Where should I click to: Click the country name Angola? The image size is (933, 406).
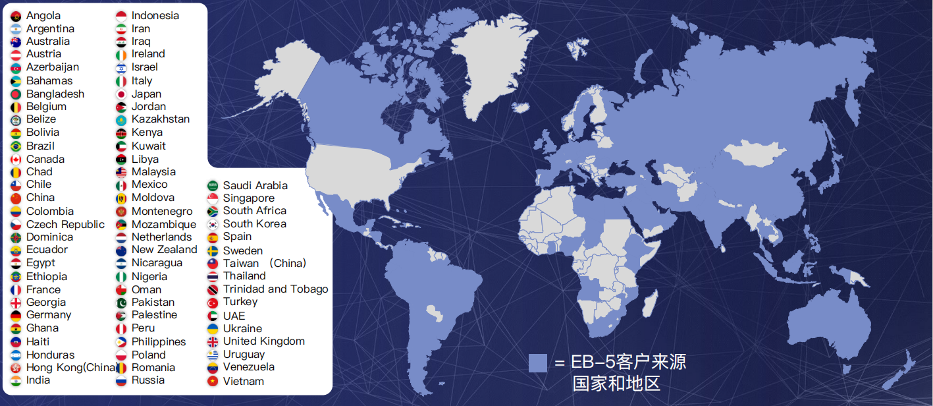pyautogui.click(x=43, y=15)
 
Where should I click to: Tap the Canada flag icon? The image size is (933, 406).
pyautogui.click(x=16, y=159)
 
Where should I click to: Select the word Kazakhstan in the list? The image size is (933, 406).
pyautogui.click(x=160, y=119)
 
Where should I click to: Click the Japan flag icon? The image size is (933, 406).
pyautogui.click(x=121, y=94)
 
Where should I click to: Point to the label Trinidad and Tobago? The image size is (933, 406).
pyautogui.click(x=275, y=289)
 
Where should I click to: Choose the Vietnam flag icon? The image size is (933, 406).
pyautogui.click(x=213, y=381)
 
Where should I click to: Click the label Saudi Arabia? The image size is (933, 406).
pyautogui.click(x=255, y=185)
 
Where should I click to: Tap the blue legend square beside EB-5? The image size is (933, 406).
pyautogui.click(x=538, y=363)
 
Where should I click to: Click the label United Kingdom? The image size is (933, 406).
pyautogui.click(x=263, y=341)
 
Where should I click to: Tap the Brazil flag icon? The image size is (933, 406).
pyautogui.click(x=16, y=146)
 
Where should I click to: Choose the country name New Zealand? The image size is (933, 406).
pyautogui.click(x=164, y=250)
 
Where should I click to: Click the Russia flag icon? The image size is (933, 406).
pyautogui.click(x=121, y=380)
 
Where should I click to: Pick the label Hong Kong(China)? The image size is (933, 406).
pyautogui.click(x=72, y=368)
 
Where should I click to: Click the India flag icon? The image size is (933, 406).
pyautogui.click(x=16, y=380)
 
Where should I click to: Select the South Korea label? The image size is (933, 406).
pyautogui.click(x=254, y=224)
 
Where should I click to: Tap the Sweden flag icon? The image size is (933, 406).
pyautogui.click(x=213, y=251)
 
